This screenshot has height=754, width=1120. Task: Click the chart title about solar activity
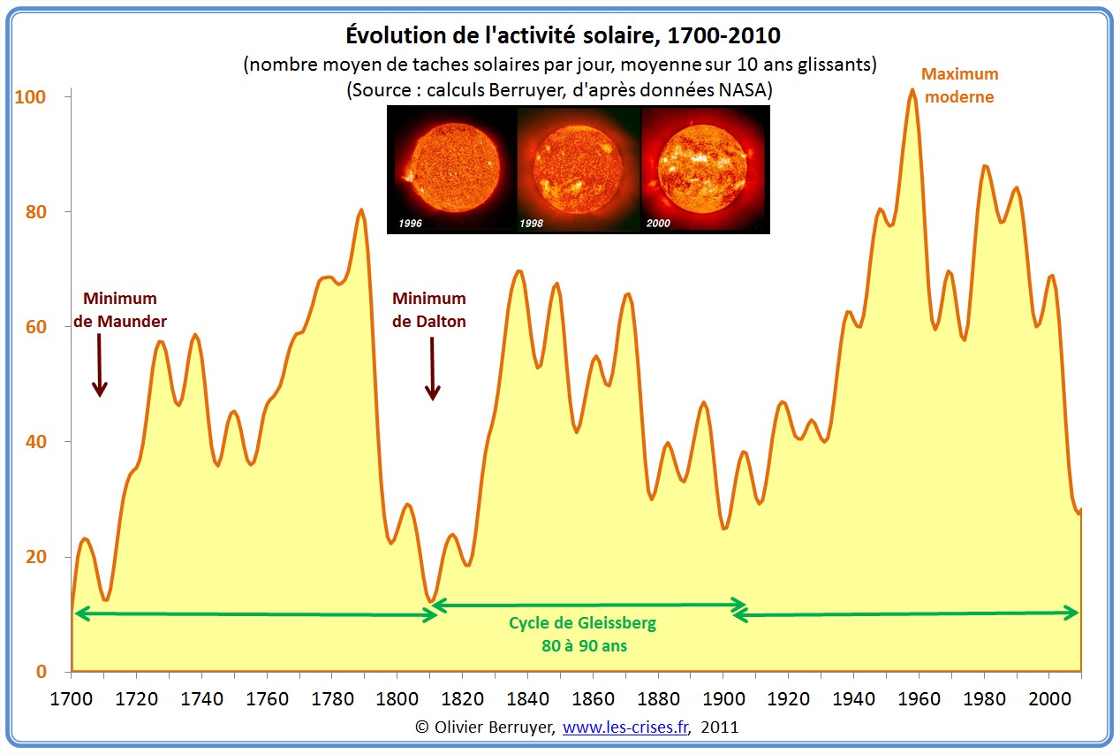560,36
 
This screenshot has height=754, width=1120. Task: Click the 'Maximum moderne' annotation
959,86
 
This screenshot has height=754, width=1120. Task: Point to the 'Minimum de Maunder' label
120,309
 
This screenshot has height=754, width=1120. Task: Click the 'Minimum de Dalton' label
429,309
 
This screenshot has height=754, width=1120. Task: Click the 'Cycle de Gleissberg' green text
582,623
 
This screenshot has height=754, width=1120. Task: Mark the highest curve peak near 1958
912,89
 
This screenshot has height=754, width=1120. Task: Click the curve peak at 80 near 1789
361,210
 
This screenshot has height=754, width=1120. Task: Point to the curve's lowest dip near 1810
430,602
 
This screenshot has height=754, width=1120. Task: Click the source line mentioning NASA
559,90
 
